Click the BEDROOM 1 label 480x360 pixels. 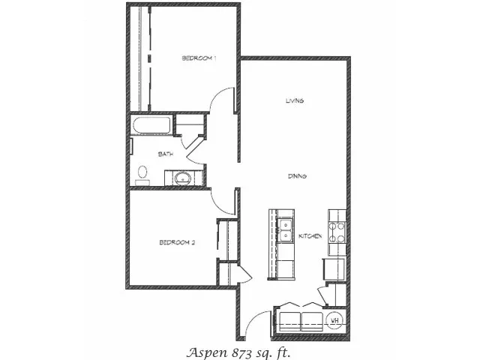click(199, 58)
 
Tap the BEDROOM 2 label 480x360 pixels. click(177, 243)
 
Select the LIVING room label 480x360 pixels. click(295, 100)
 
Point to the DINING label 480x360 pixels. click(297, 176)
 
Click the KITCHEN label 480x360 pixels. click(310, 236)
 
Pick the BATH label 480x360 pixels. click(166, 154)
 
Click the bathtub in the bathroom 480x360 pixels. click(151, 125)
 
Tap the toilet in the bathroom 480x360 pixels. click(142, 175)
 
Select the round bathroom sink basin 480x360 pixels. click(182, 178)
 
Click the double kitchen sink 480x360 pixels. click(286, 230)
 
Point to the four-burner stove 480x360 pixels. click(337, 232)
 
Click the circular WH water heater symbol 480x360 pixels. click(335, 320)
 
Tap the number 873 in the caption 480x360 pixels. click(243, 352)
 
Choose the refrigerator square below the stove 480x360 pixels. click(334, 269)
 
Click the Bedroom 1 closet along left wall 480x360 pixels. click(140, 58)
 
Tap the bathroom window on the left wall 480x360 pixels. click(131, 146)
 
